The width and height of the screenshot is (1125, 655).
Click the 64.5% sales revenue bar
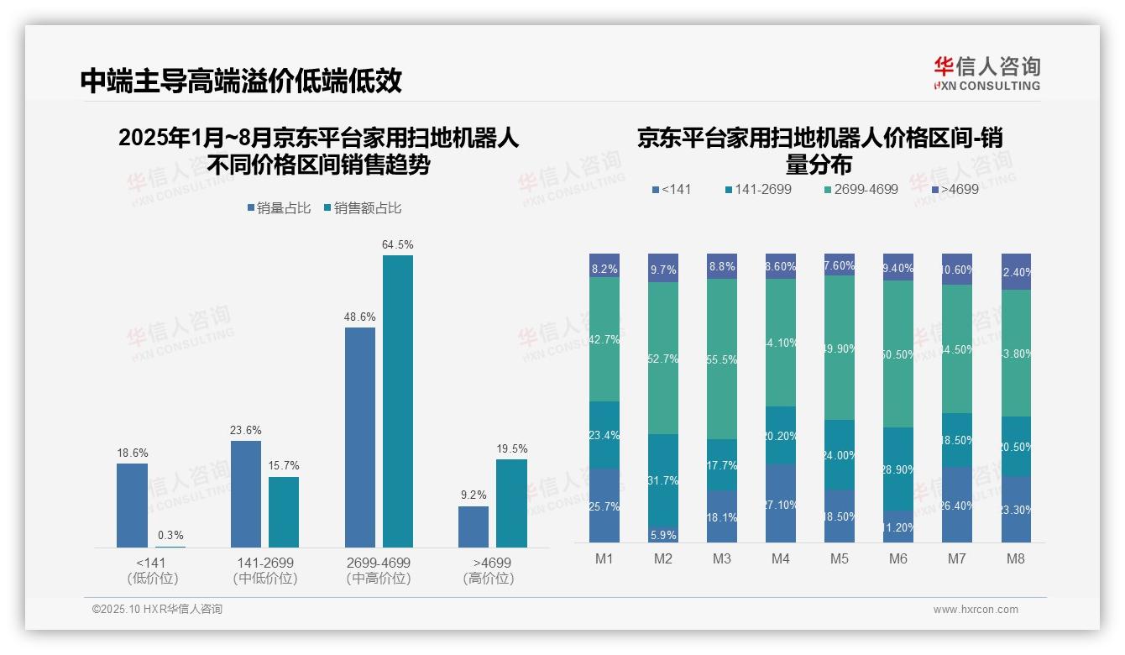coord(398,401)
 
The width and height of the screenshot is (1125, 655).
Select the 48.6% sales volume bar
coord(360,438)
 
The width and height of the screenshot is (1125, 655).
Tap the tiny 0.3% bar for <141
coord(170,547)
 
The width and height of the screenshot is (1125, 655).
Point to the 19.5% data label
coord(512,449)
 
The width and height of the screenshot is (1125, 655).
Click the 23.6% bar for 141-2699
coord(246,494)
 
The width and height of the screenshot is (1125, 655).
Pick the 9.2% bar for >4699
coord(474,527)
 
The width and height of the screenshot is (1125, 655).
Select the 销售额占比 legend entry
coord(363,208)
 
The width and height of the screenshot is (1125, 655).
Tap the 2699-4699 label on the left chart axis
coord(379,563)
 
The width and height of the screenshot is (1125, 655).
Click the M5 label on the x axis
coord(840,559)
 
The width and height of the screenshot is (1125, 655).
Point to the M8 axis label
coord(1016,559)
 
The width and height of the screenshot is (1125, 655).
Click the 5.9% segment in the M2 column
coord(663,534)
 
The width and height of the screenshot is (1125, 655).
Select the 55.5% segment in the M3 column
coord(722,359)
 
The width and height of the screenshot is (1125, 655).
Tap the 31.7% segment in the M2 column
coord(663,479)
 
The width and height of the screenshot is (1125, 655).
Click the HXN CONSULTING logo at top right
coord(986,74)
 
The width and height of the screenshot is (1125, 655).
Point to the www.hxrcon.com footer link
coord(976,610)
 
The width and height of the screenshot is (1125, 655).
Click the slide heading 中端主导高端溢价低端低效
coord(241,81)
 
